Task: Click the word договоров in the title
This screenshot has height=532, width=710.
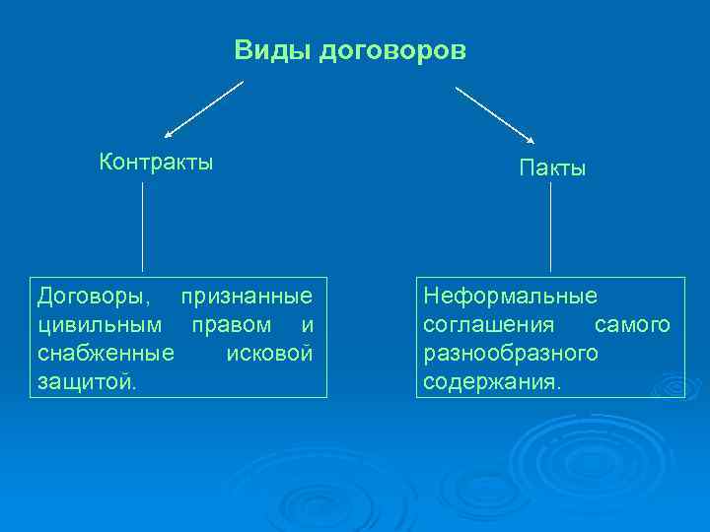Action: (x=392, y=50)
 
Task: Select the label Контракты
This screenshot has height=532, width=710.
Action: (x=156, y=162)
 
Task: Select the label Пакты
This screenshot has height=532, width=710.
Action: (x=552, y=168)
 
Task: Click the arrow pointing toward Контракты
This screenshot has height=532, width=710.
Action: (x=203, y=109)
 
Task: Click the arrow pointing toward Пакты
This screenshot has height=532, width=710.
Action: (x=494, y=114)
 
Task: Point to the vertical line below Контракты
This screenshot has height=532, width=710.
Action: (x=143, y=226)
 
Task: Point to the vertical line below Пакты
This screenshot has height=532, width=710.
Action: (x=550, y=226)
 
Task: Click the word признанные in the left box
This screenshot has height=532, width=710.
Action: (x=248, y=296)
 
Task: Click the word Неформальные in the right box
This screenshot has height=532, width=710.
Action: (x=510, y=296)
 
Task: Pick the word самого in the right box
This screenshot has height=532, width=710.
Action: (x=632, y=324)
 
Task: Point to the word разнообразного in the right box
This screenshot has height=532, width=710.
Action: (x=511, y=352)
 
